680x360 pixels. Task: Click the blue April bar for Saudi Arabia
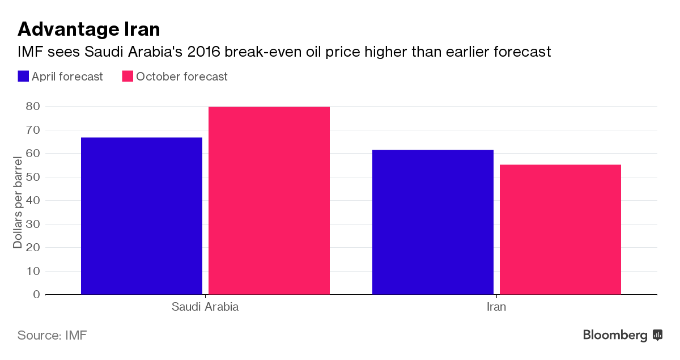pos(142,215)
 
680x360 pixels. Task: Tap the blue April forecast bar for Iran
pos(432,222)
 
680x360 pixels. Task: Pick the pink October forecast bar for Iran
pos(560,229)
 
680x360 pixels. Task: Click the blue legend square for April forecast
pos(23,77)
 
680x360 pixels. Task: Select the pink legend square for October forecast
pos(127,77)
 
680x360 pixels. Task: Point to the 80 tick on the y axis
pos(32,106)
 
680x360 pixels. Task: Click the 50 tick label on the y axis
pos(32,177)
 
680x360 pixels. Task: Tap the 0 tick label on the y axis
pos(36,294)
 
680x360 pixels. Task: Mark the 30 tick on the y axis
pos(32,224)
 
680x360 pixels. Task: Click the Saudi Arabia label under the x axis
pos(205,307)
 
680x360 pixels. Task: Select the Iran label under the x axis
pos(496,307)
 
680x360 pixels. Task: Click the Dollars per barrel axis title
pos(18,201)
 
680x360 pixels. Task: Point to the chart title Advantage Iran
pos(88,28)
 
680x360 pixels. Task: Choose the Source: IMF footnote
pos(52,335)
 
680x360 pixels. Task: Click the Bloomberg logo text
pos(615,335)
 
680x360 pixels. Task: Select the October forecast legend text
pos(182,77)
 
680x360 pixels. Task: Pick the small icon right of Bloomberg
pos(657,335)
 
